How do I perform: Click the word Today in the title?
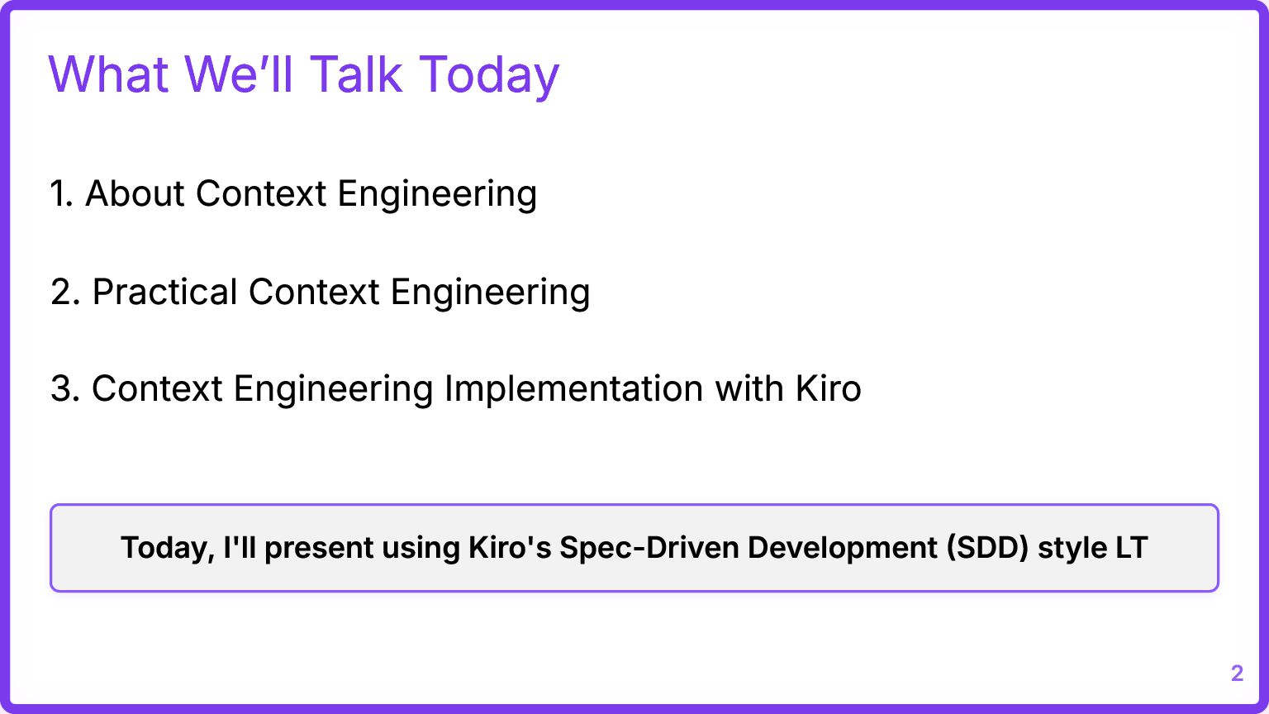(489, 75)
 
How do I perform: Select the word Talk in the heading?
(356, 74)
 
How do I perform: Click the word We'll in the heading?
(238, 74)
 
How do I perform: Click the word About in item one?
(135, 193)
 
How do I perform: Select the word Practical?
(165, 292)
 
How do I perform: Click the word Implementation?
(574, 388)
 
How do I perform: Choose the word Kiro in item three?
(829, 388)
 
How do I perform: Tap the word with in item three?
(749, 388)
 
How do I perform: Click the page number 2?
(1238, 674)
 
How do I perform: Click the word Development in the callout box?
(843, 548)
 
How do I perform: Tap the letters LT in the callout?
(1132, 547)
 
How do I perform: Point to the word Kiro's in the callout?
(510, 547)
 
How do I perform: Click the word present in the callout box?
(319, 549)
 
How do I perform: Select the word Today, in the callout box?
(168, 549)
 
